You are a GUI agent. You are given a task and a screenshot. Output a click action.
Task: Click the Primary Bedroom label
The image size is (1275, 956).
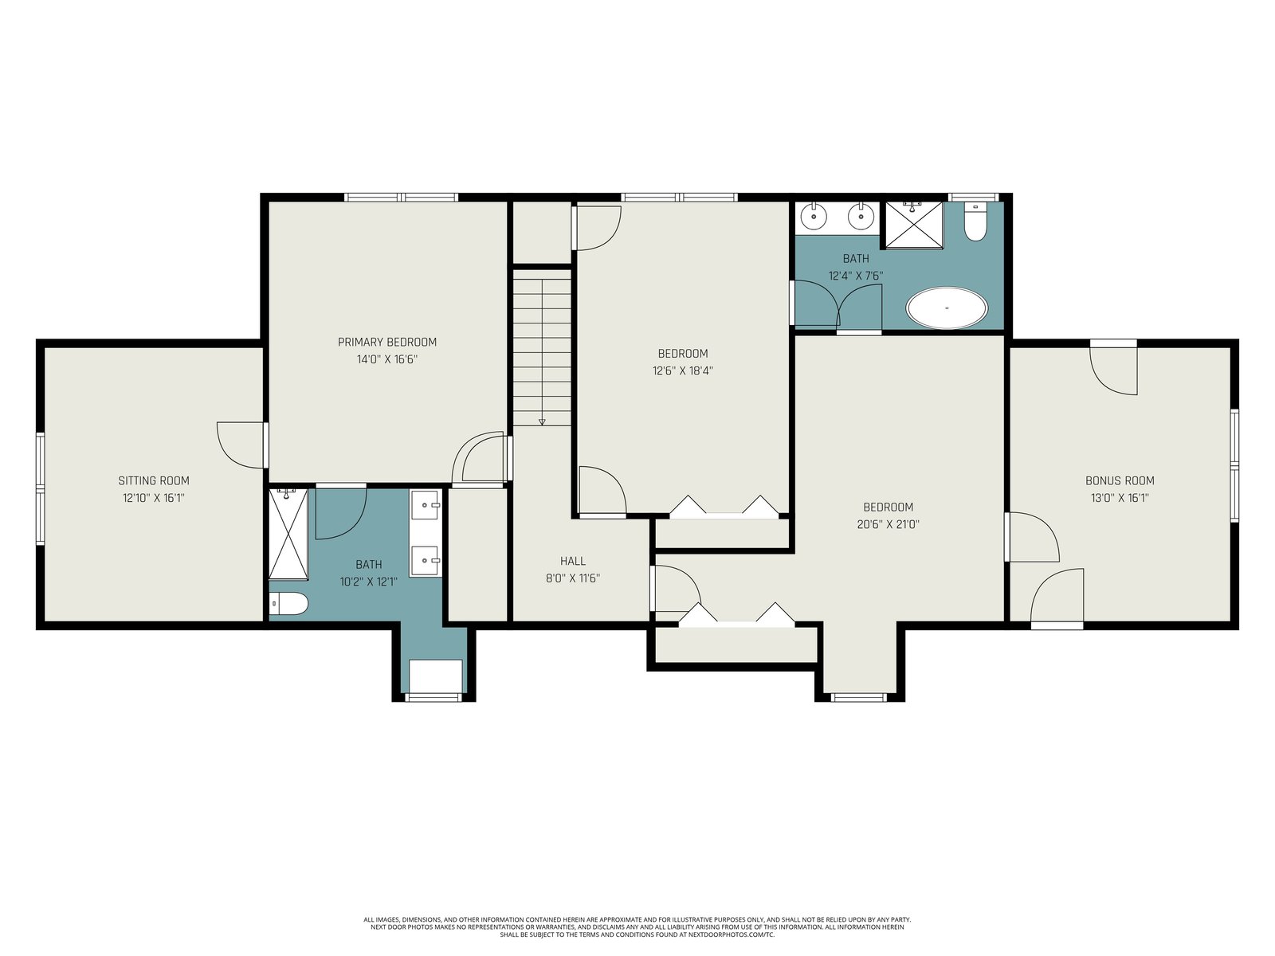(386, 342)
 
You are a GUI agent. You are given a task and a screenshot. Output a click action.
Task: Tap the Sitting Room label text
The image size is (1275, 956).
(154, 480)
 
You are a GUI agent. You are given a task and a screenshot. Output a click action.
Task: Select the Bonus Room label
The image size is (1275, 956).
(1120, 480)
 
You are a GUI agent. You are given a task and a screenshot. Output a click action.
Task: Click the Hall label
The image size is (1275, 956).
(573, 561)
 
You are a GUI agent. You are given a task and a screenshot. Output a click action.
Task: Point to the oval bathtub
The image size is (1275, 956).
(947, 308)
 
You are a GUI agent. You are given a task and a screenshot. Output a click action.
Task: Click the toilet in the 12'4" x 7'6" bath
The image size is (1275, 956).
(975, 221)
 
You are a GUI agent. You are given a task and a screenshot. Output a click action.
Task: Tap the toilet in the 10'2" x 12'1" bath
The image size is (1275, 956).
(288, 604)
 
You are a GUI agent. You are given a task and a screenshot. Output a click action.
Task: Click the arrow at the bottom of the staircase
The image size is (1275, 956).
(542, 422)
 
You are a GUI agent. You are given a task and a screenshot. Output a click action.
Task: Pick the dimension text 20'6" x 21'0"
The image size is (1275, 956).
(888, 524)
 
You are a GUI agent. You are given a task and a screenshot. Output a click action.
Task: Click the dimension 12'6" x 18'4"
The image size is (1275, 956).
(682, 370)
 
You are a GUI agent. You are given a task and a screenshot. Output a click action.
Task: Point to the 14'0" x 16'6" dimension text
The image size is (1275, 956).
(386, 359)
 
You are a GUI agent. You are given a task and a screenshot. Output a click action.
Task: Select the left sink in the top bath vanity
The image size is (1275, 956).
(814, 217)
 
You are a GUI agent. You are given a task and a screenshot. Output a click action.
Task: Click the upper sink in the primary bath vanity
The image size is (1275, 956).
(426, 505)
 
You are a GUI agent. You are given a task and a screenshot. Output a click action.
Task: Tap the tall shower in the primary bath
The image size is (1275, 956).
(288, 534)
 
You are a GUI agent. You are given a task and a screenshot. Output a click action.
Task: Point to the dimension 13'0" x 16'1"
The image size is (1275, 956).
(1120, 498)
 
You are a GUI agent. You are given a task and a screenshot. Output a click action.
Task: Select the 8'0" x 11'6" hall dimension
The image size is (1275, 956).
(573, 578)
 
